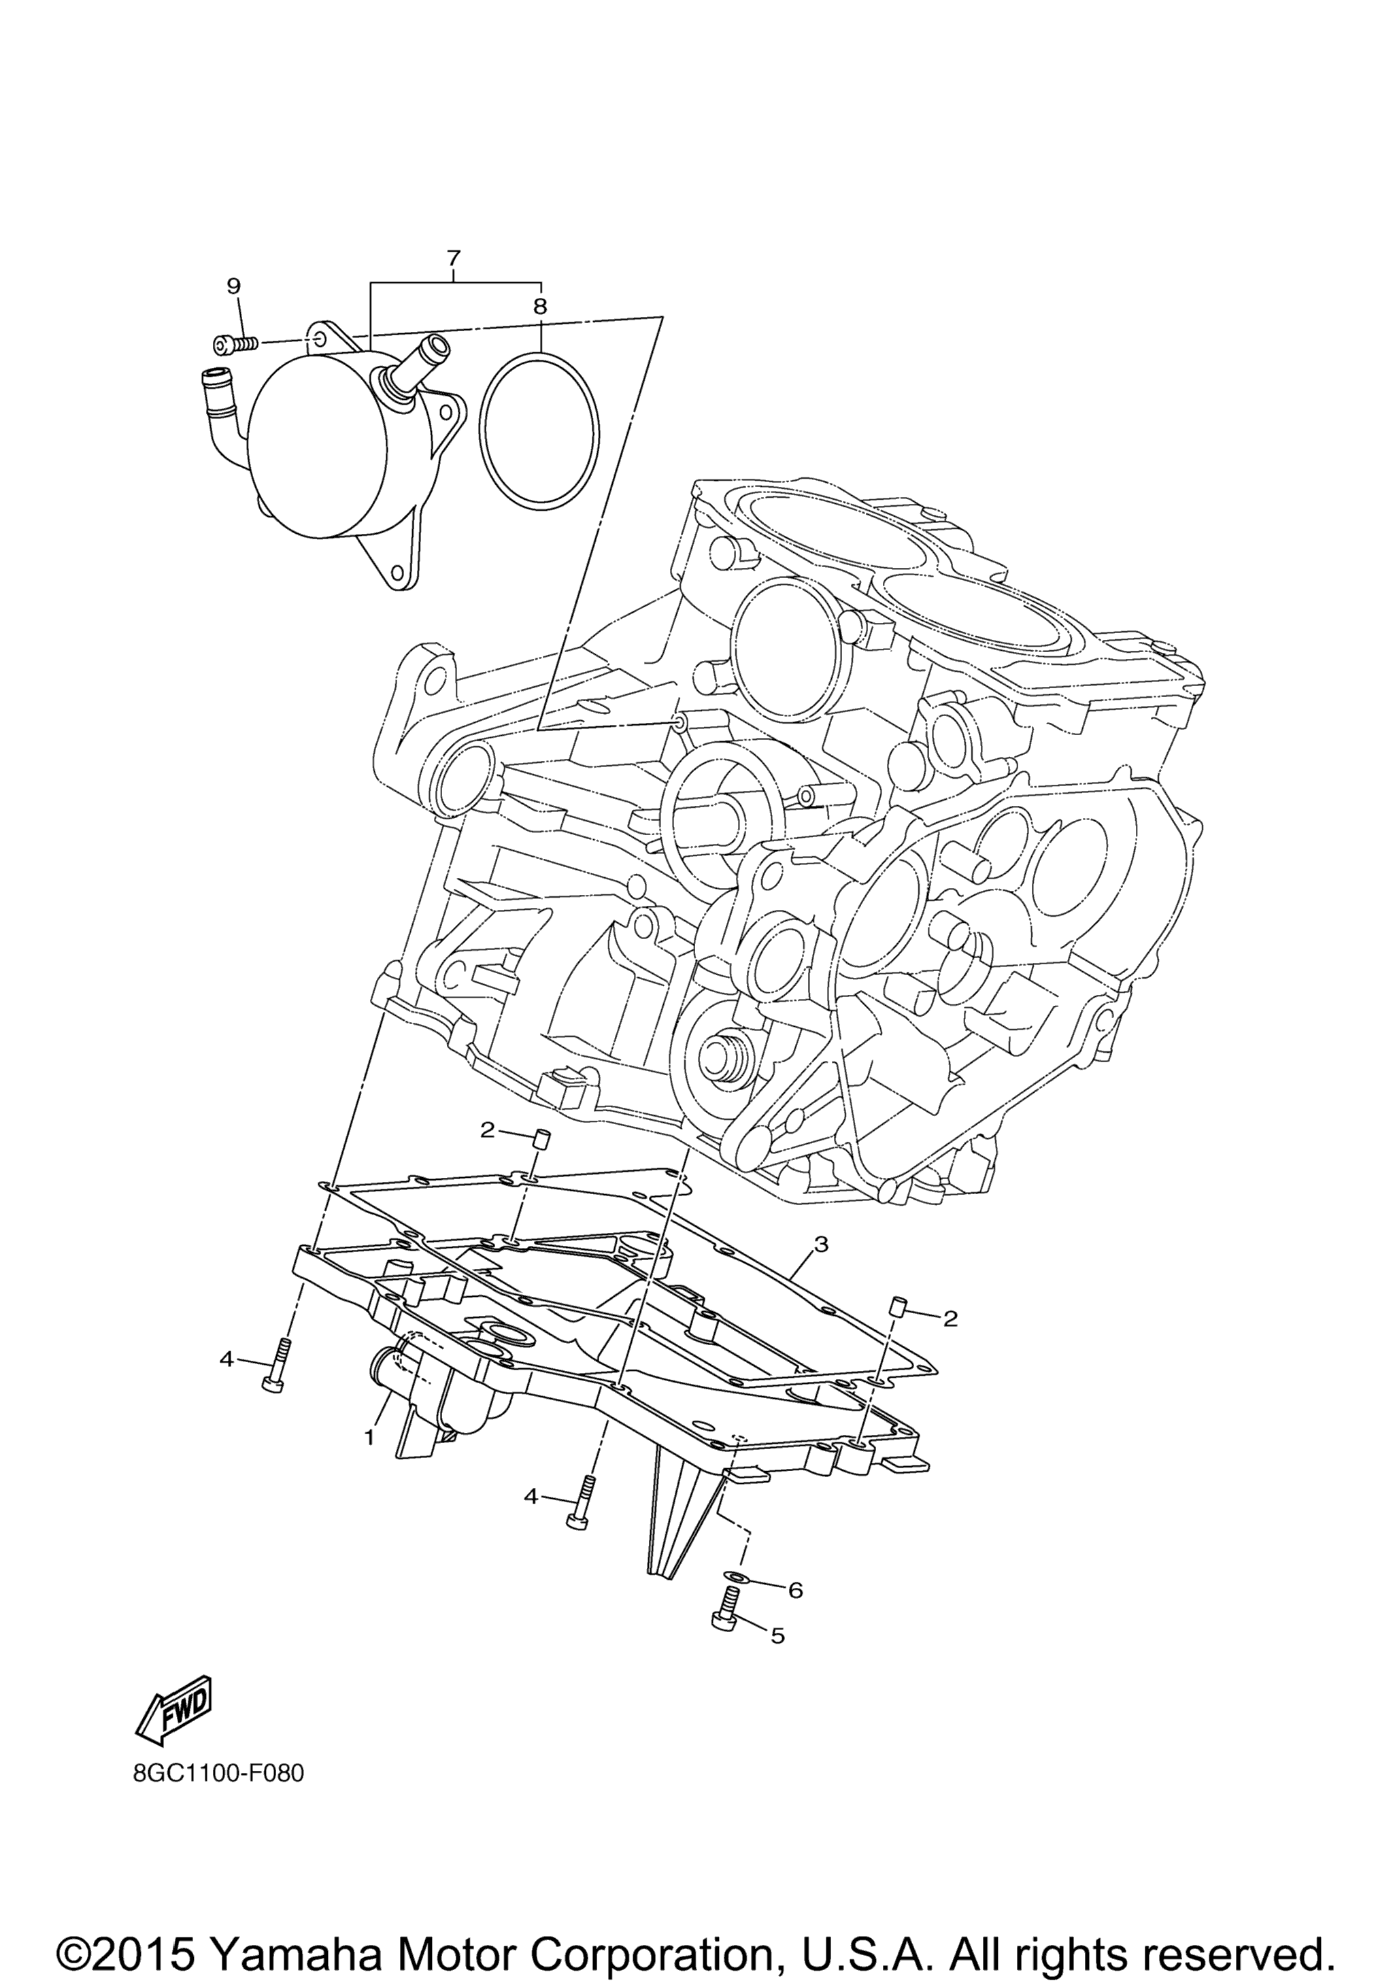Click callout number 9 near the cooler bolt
pyautogui.click(x=233, y=286)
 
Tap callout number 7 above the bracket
pyautogui.click(x=454, y=257)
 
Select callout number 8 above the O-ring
pyautogui.click(x=540, y=306)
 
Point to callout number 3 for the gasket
pyautogui.click(x=821, y=1244)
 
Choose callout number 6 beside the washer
pyautogui.click(x=795, y=1589)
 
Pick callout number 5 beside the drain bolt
pyautogui.click(x=777, y=1635)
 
